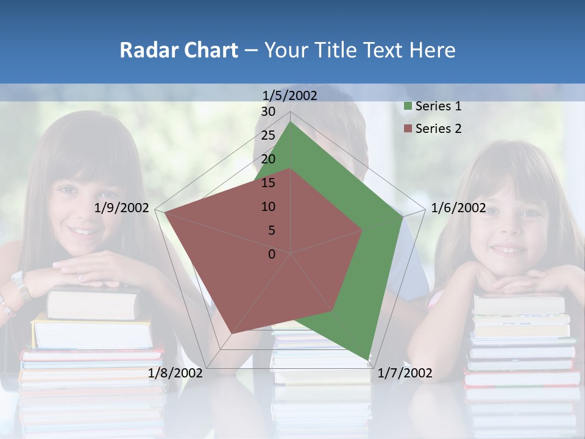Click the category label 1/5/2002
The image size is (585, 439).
290,95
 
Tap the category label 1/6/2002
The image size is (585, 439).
458,208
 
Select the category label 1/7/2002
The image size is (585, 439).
405,373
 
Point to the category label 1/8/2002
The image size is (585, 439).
175,373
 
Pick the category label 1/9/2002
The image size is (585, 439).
122,208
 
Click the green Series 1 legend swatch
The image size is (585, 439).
408,107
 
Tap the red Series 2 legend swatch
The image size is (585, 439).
408,129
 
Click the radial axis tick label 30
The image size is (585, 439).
268,112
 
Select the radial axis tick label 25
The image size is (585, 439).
268,135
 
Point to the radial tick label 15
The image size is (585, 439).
268,183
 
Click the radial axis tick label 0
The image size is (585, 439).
272,254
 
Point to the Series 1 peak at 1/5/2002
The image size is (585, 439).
291,122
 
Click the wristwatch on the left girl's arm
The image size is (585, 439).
20,284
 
